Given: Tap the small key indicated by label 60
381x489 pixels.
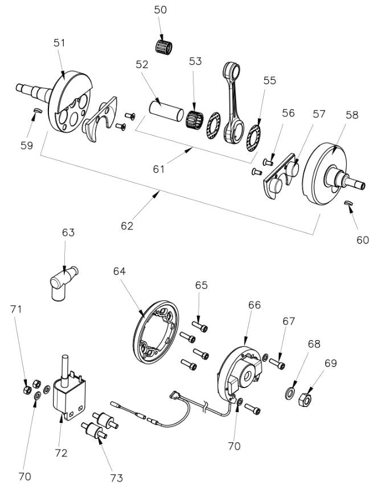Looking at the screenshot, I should tap(348, 204).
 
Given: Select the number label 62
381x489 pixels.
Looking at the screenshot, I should tap(126, 226).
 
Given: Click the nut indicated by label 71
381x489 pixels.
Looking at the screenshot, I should tap(26, 389).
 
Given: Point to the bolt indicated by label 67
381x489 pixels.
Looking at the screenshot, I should tap(278, 361).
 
